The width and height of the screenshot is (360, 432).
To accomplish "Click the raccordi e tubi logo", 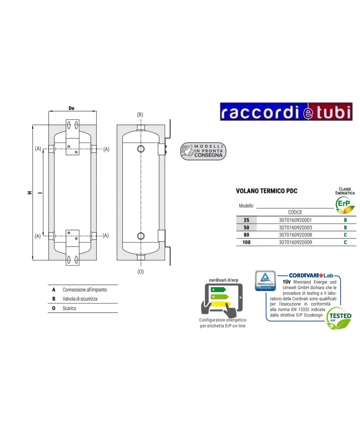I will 286,112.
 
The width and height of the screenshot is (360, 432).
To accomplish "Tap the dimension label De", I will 71,108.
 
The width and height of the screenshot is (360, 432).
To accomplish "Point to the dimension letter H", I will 29,192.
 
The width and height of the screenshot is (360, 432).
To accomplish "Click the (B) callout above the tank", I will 140,115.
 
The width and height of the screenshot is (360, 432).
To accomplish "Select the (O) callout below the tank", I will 140,272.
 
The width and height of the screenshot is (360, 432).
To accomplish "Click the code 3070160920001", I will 295,220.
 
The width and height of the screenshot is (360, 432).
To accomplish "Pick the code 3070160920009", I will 295,243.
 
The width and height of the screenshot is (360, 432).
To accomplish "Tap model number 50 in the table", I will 246,228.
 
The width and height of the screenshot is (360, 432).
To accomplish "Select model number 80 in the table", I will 246,235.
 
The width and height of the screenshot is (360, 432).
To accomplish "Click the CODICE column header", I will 295,212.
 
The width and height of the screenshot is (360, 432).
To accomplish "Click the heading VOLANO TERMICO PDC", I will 266,191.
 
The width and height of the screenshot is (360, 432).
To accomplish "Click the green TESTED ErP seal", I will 339,319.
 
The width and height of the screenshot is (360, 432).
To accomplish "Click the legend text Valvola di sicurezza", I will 80,298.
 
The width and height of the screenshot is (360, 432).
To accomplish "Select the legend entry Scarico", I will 69,308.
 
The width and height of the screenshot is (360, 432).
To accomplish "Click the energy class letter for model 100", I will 345,243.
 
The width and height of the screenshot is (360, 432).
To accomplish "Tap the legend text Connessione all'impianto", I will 85,289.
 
